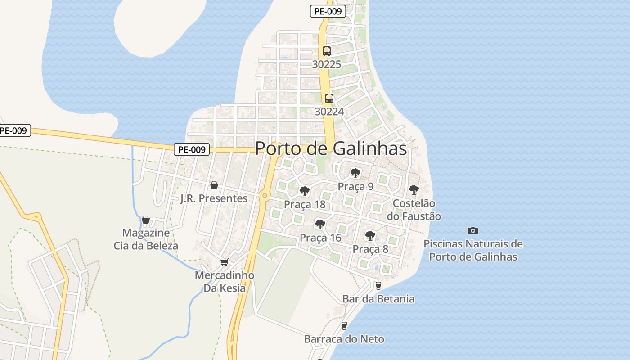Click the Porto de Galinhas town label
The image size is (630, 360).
point(331,148)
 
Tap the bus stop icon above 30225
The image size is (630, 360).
point(327,51)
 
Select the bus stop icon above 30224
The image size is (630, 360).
point(329,99)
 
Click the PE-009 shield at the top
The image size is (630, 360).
point(328,12)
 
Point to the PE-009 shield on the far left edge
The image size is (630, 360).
point(14,131)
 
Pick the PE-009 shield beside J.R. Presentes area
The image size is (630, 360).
point(192,149)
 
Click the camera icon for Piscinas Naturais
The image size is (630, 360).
point(473,230)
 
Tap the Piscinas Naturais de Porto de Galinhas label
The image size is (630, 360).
point(473,250)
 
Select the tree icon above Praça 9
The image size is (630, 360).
point(355,173)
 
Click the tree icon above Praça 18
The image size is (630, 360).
point(305,191)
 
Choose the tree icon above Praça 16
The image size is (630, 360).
point(320,224)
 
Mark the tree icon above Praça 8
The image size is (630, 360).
point(370,235)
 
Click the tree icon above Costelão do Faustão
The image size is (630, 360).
point(414,190)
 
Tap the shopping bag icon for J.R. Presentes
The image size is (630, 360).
point(214,185)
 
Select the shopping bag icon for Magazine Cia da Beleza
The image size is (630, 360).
point(146,220)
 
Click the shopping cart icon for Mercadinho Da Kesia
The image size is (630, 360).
point(225,262)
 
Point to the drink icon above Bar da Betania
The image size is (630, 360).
point(378,285)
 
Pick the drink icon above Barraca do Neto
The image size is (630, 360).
point(344,325)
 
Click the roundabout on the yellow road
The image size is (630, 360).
point(265,195)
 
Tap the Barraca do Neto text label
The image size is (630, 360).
point(344,339)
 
